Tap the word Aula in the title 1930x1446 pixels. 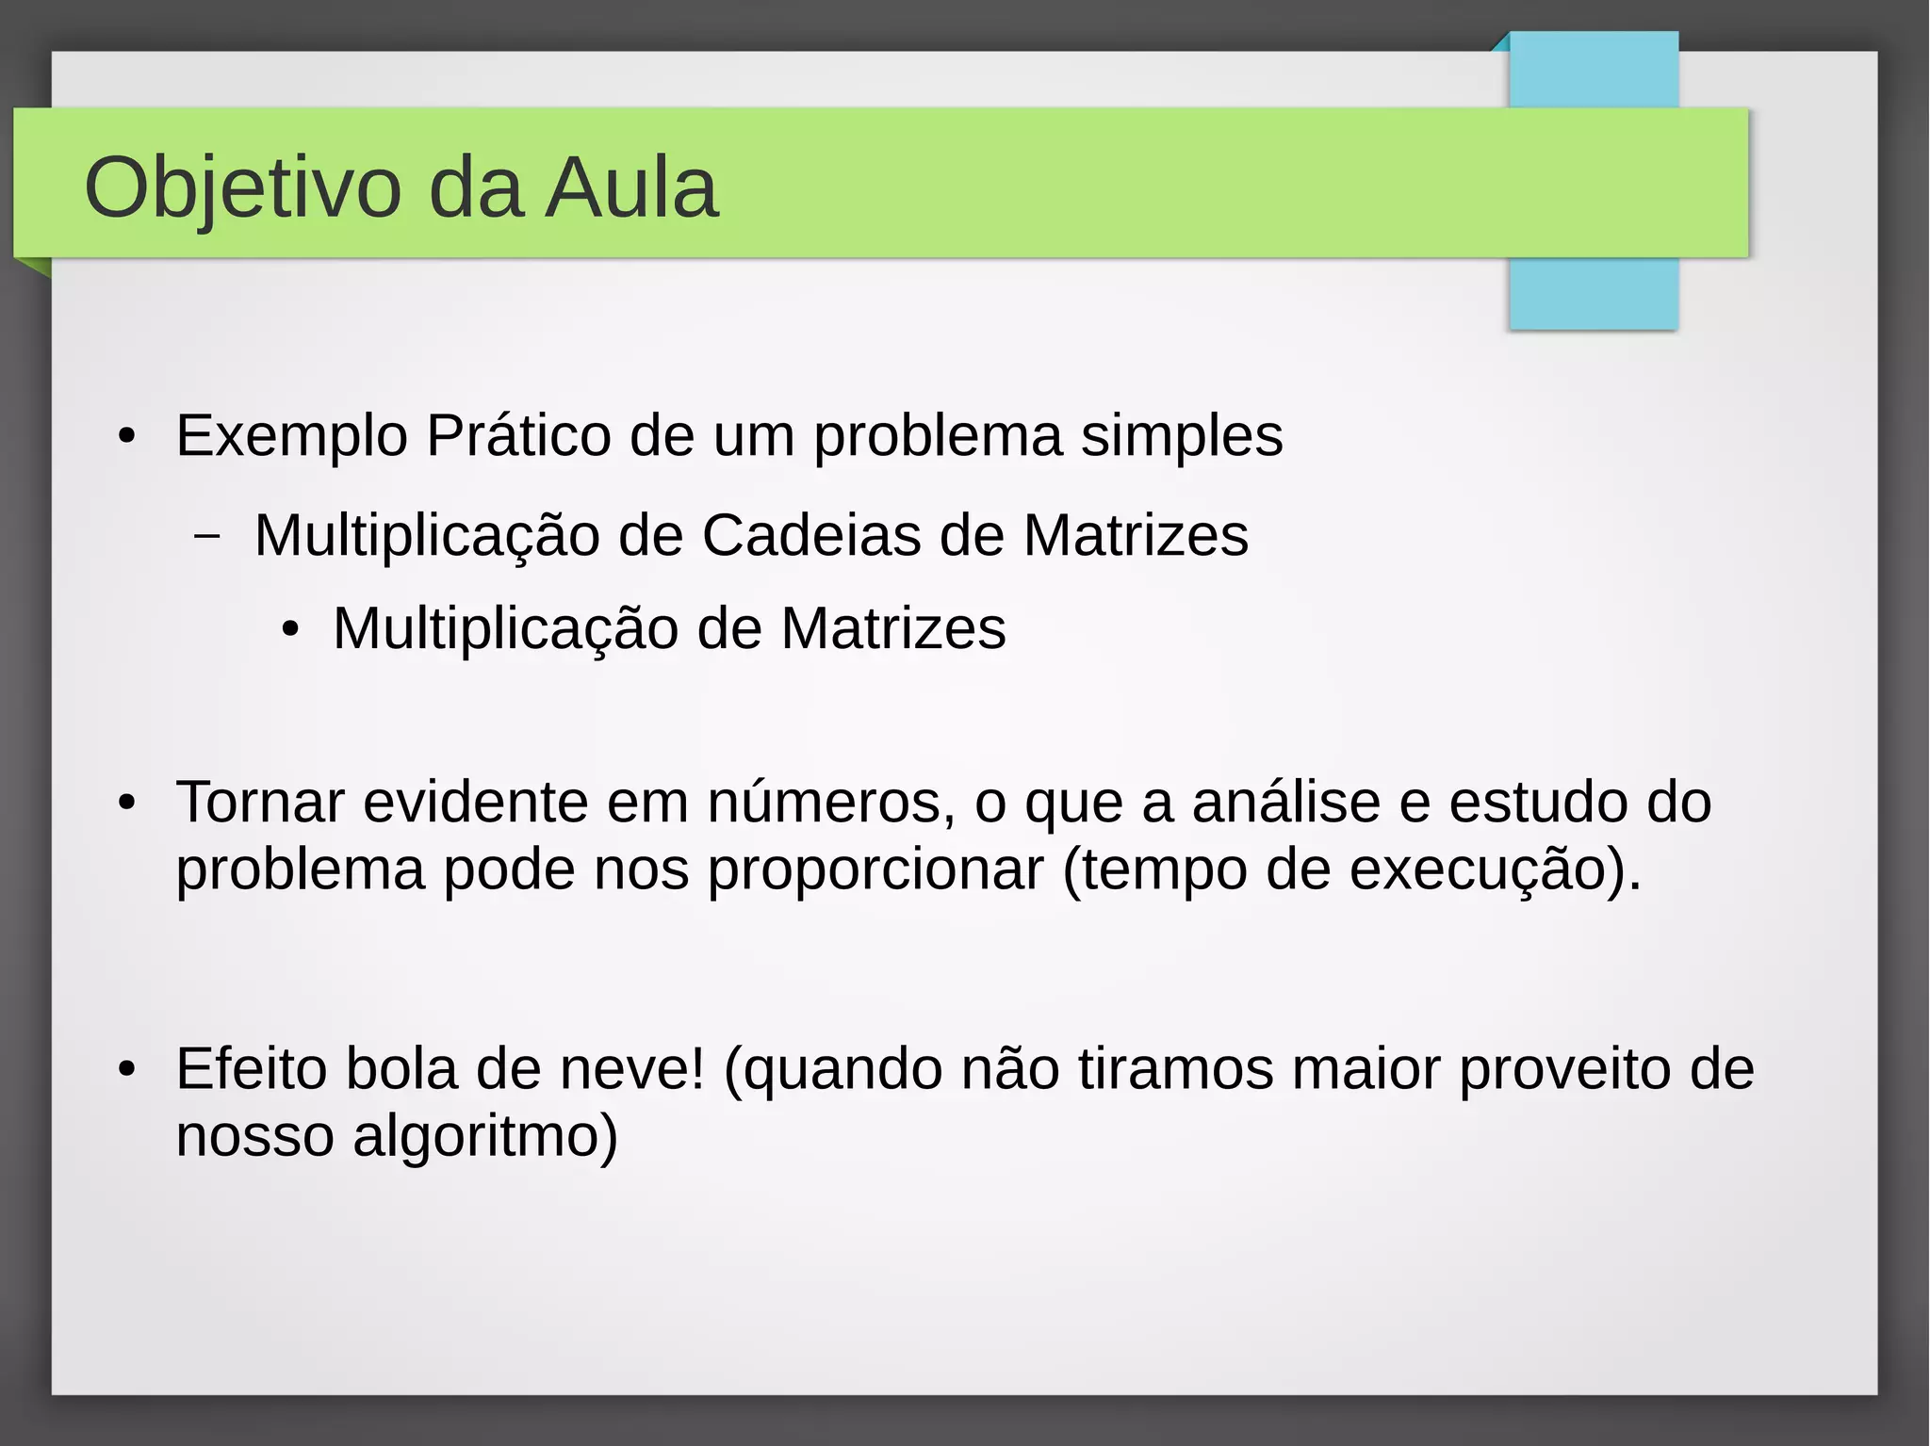pos(632,188)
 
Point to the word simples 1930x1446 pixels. pos(1181,436)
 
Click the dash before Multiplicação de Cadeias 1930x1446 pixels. pos(207,537)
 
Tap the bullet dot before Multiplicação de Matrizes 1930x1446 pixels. pos(290,630)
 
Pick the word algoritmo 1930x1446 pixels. pos(485,1136)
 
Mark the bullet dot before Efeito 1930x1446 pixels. pos(127,1071)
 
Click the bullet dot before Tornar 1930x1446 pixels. pos(127,804)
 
